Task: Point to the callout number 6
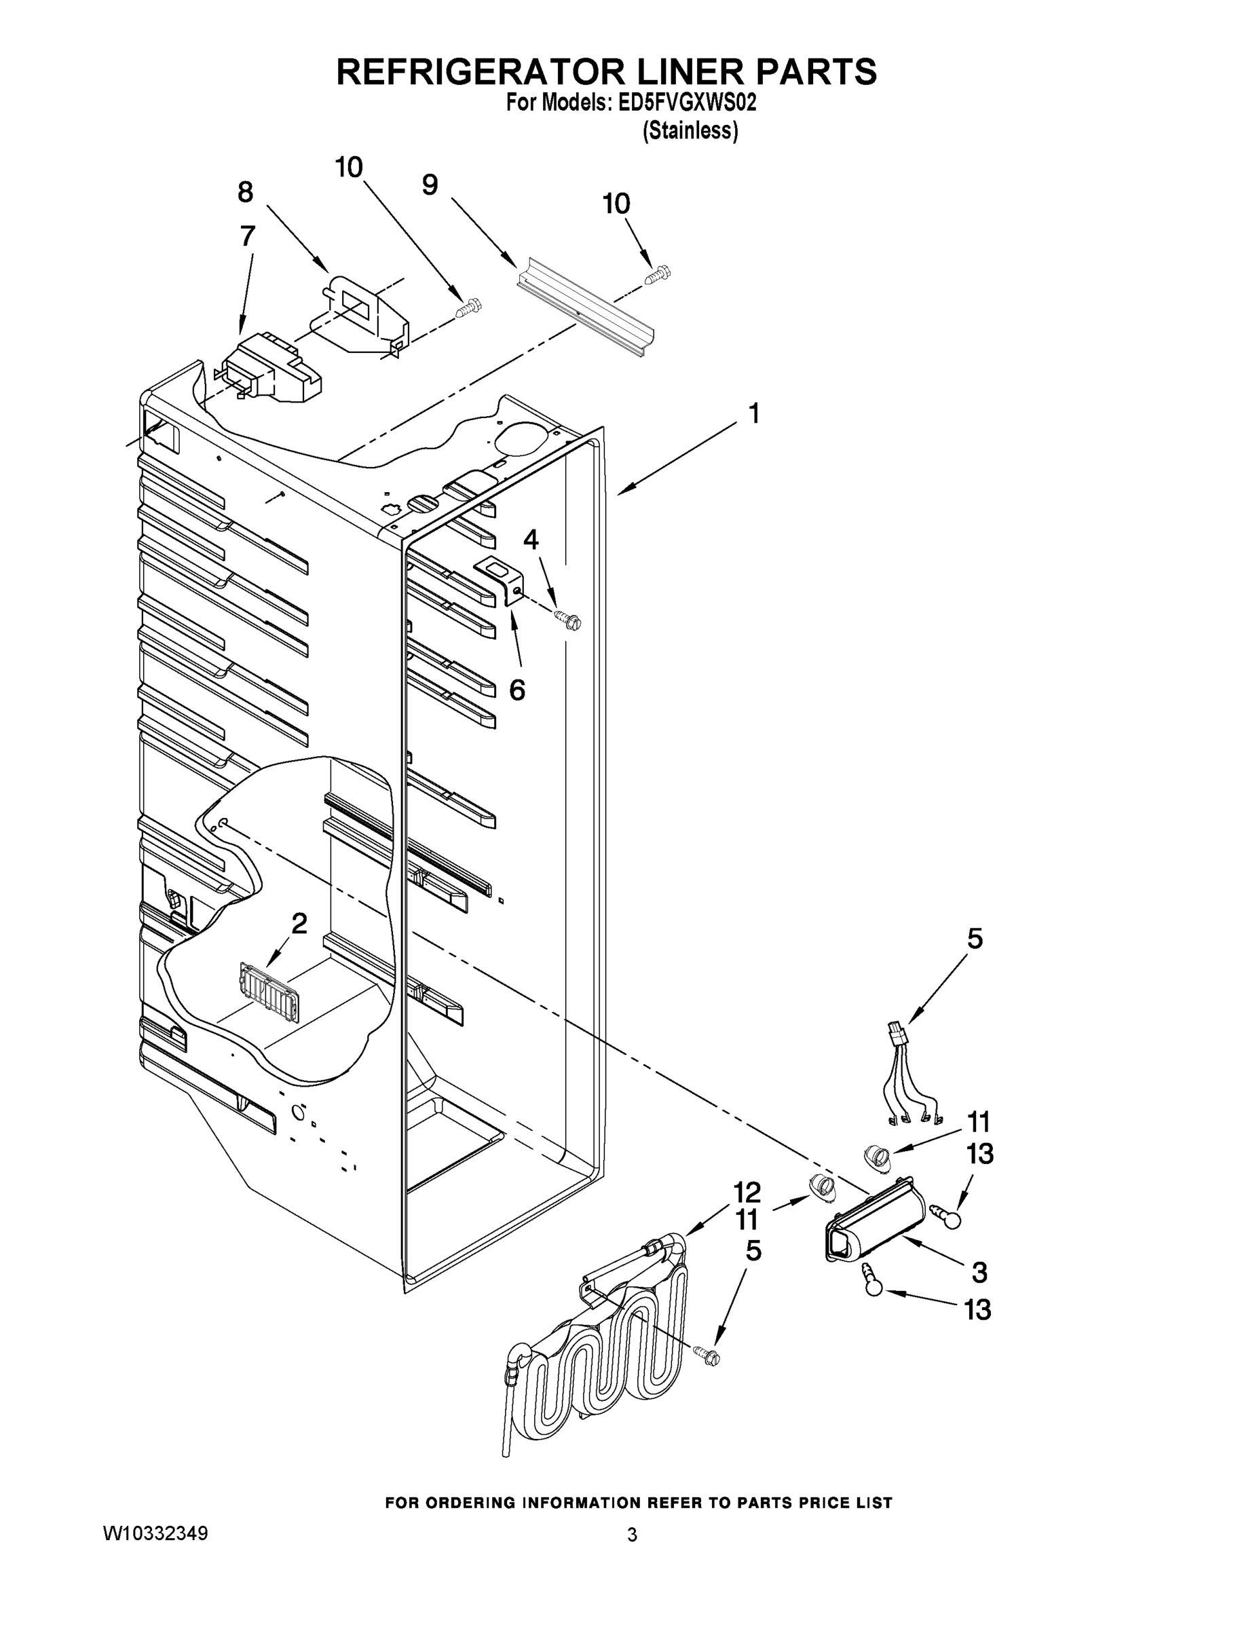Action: coord(517,690)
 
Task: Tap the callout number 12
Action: coord(746,1192)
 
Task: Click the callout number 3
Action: coord(979,1272)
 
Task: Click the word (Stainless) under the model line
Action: coord(690,130)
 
